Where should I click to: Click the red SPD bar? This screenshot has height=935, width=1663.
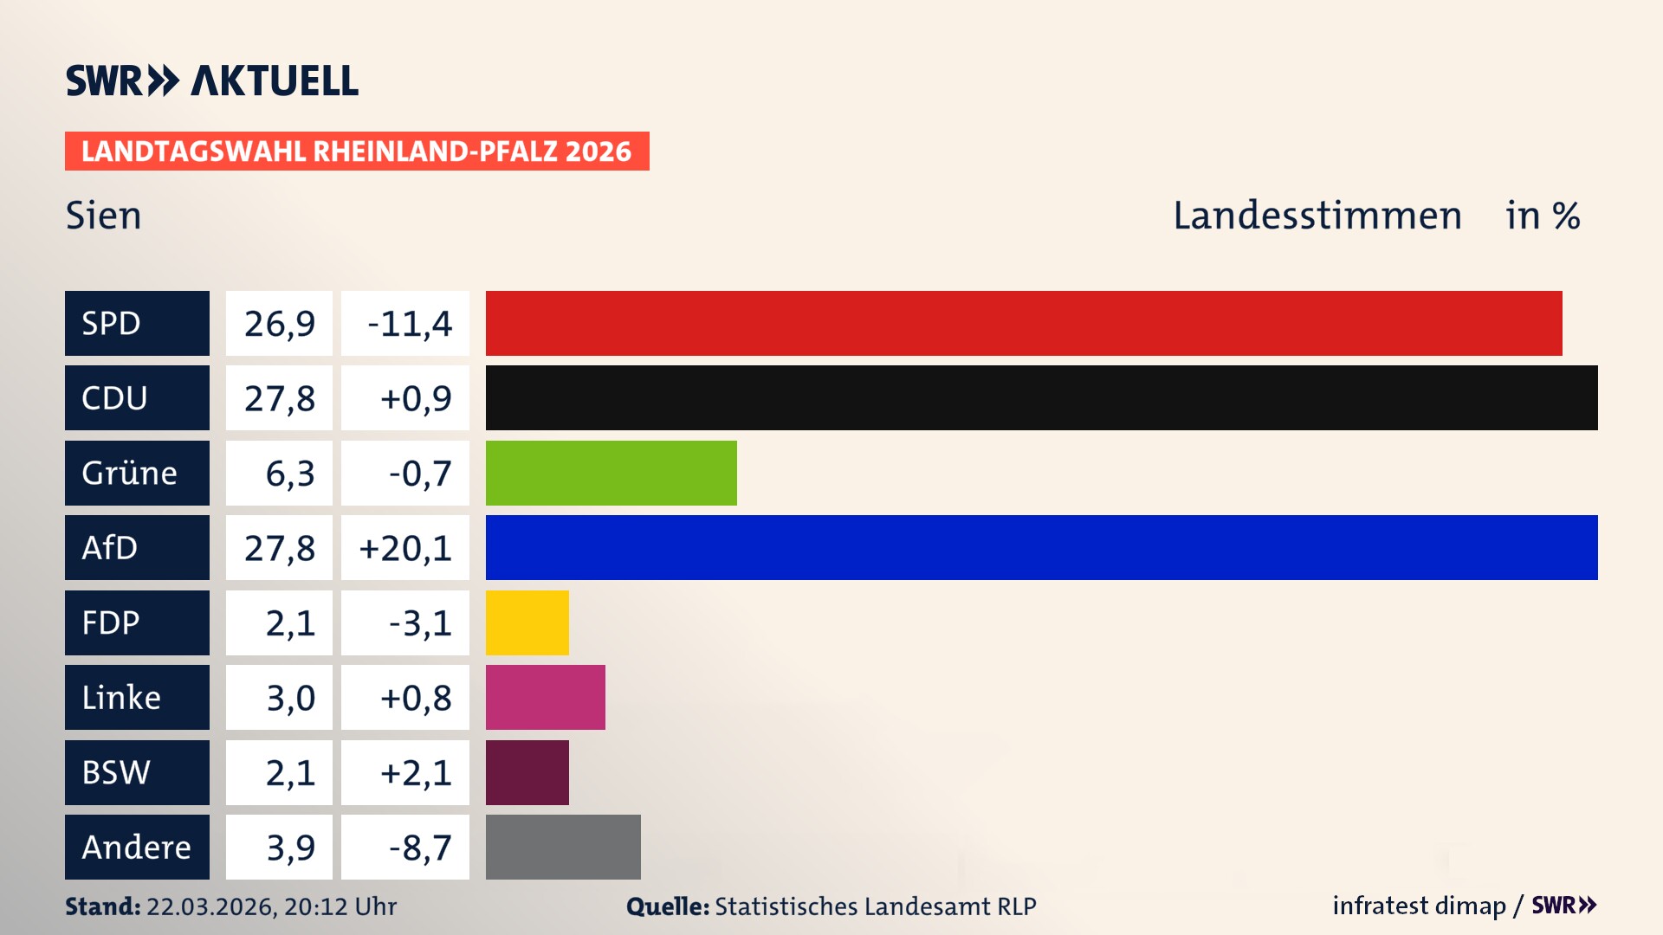click(1024, 323)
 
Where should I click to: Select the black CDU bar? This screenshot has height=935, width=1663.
click(1041, 397)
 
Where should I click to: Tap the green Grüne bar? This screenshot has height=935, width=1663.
click(611, 473)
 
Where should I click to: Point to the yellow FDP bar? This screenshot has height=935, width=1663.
click(527, 622)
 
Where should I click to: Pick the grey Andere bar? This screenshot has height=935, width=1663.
click(563, 847)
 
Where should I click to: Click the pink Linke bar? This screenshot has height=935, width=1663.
click(545, 697)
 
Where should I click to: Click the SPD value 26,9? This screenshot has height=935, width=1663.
click(279, 324)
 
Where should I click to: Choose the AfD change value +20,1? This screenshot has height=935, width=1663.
click(405, 548)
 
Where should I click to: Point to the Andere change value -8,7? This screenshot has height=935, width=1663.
click(420, 848)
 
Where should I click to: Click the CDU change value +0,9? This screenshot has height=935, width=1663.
click(416, 398)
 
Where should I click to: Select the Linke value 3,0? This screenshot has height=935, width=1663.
click(290, 698)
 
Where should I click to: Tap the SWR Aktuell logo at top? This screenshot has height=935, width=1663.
click(212, 81)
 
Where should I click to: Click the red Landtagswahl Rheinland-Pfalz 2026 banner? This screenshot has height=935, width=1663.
click(357, 152)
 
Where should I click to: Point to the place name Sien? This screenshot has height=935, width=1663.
click(103, 216)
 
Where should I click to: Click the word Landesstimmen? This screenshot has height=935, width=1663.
click(1317, 216)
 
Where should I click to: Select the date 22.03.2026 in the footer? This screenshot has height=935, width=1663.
click(210, 906)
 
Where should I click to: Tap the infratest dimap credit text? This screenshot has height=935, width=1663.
click(1419, 906)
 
